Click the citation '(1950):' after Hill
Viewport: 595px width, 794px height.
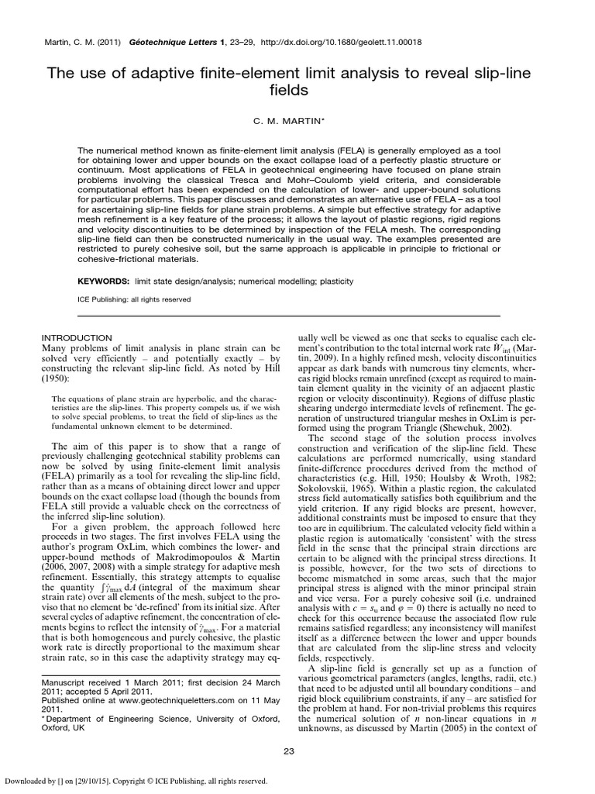[59, 381]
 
